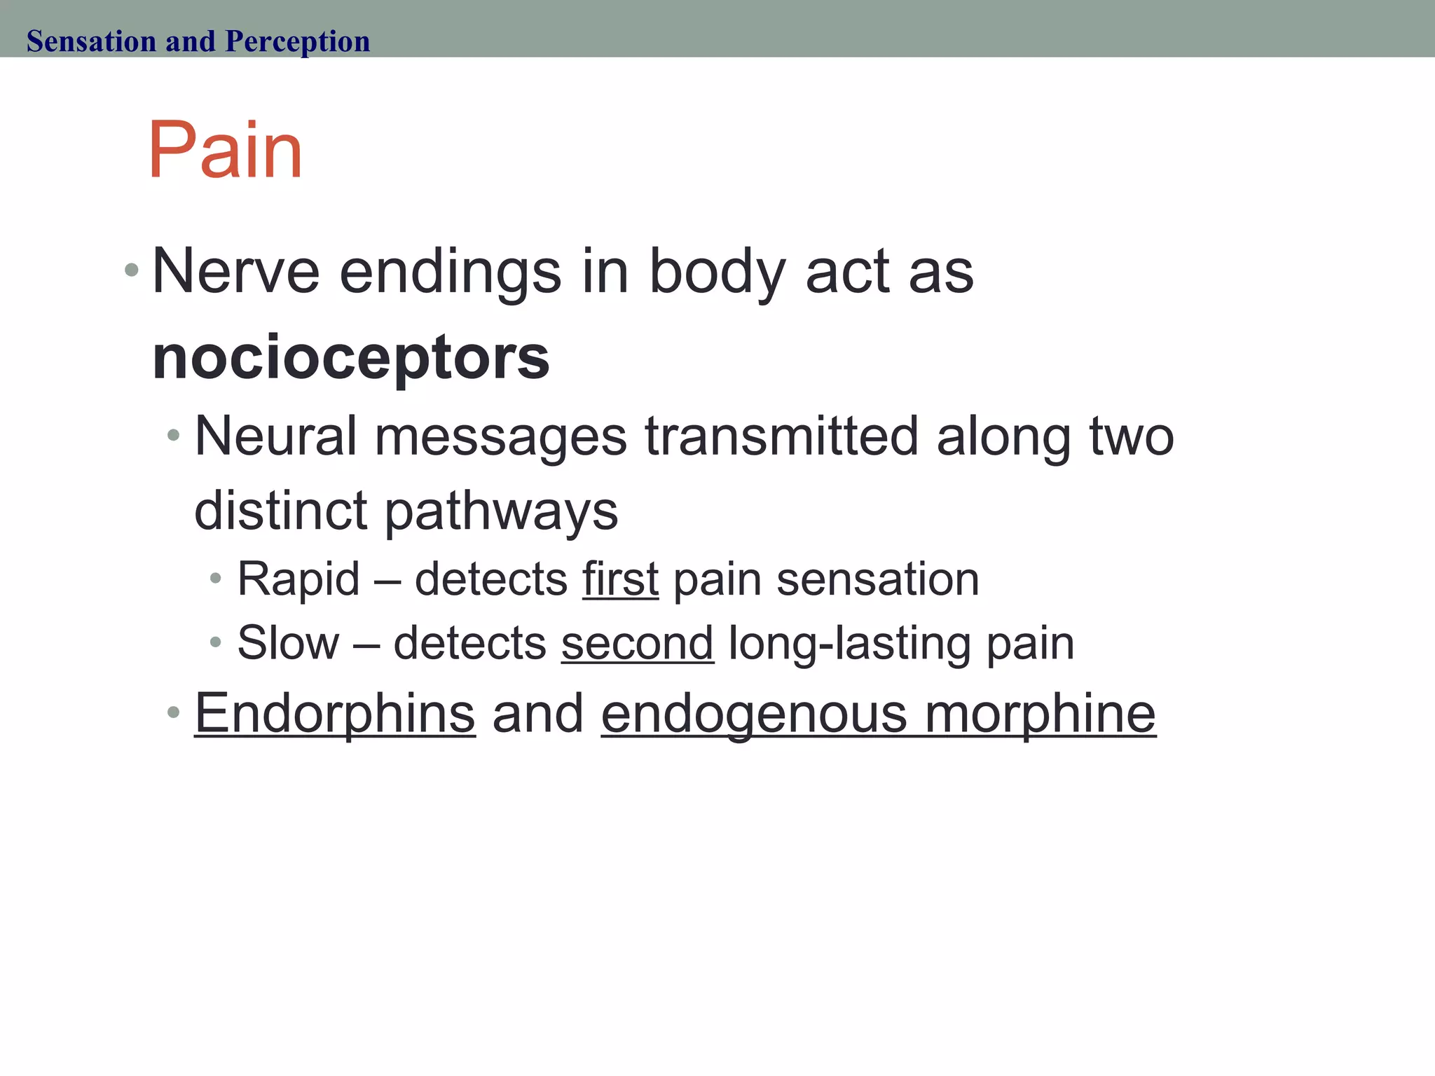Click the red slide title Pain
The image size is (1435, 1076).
coord(225,151)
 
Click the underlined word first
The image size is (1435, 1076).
coord(620,579)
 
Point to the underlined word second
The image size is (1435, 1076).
coord(637,643)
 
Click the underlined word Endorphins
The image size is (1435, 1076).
coord(335,714)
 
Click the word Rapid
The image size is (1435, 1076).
coord(298,579)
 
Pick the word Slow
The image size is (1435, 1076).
coord(288,643)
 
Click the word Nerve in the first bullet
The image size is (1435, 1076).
coord(236,272)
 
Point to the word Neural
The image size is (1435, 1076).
coord(275,436)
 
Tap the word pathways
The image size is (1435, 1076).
coord(501,511)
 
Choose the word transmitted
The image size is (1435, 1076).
coord(781,436)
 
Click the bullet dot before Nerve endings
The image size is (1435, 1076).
coord(131,269)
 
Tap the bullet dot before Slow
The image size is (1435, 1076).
coord(216,642)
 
